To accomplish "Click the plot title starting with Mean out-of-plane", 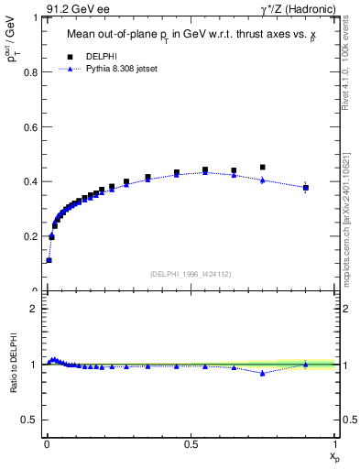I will click(x=192, y=37).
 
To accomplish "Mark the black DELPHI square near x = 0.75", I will click(x=263, y=168).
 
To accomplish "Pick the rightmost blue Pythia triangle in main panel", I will click(x=306, y=186).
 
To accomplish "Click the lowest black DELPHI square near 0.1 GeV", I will click(x=49, y=260).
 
